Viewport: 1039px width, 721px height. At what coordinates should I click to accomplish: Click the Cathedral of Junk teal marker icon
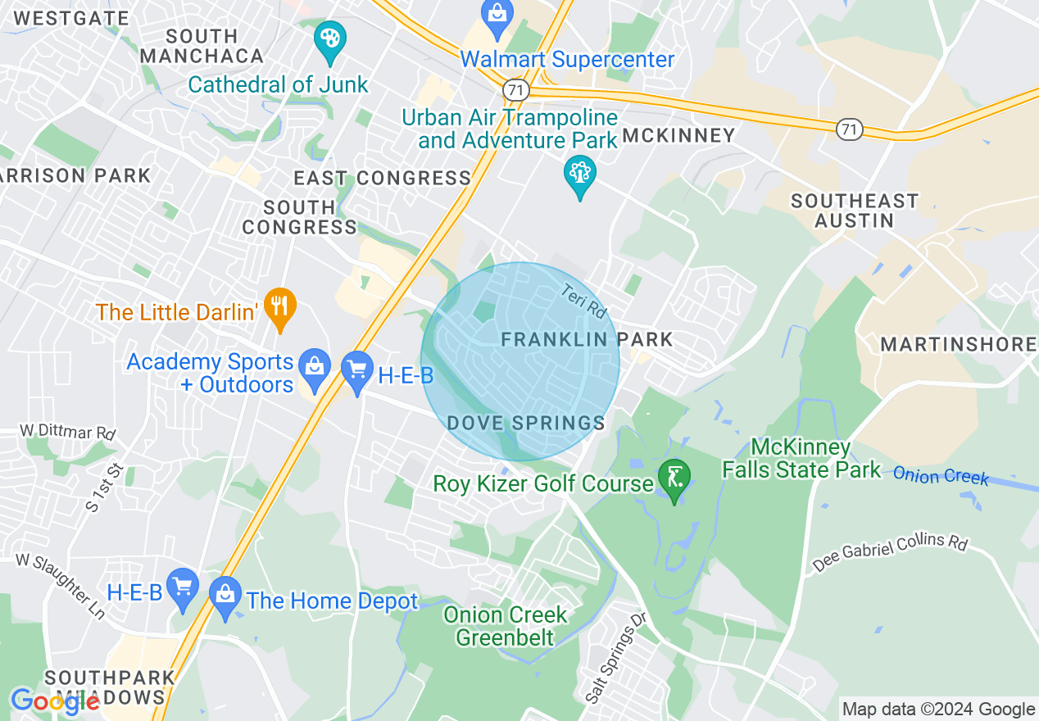tap(330, 40)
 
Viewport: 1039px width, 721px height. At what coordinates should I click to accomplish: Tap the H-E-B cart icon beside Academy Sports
tap(357, 370)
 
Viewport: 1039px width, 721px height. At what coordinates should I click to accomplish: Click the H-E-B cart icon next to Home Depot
tap(182, 587)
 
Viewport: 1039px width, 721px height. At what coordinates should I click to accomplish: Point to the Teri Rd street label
tap(583, 302)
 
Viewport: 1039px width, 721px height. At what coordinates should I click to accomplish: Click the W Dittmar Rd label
tap(67, 431)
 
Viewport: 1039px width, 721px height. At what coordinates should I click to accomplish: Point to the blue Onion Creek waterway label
tap(941, 475)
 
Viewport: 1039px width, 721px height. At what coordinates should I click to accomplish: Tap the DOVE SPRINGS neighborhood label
tap(526, 423)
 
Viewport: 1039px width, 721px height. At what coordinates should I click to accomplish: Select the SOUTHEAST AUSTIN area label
tap(854, 211)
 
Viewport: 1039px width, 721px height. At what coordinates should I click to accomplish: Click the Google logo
tap(55, 701)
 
